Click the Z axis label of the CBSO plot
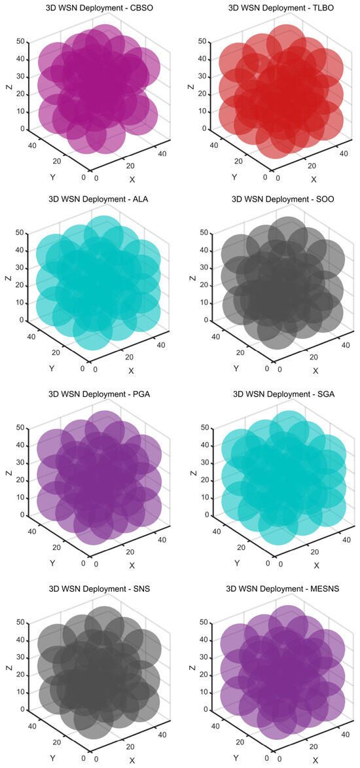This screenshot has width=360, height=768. (7, 86)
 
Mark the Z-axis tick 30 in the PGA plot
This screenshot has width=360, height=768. (20, 462)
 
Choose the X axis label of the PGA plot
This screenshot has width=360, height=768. (132, 565)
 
